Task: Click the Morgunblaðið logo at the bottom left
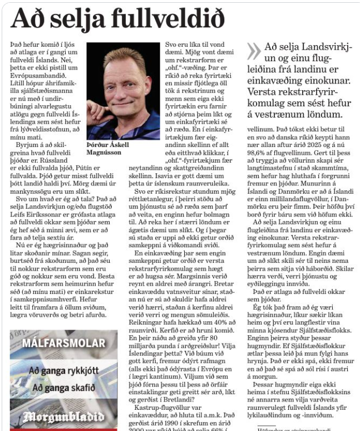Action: (63, 417)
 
